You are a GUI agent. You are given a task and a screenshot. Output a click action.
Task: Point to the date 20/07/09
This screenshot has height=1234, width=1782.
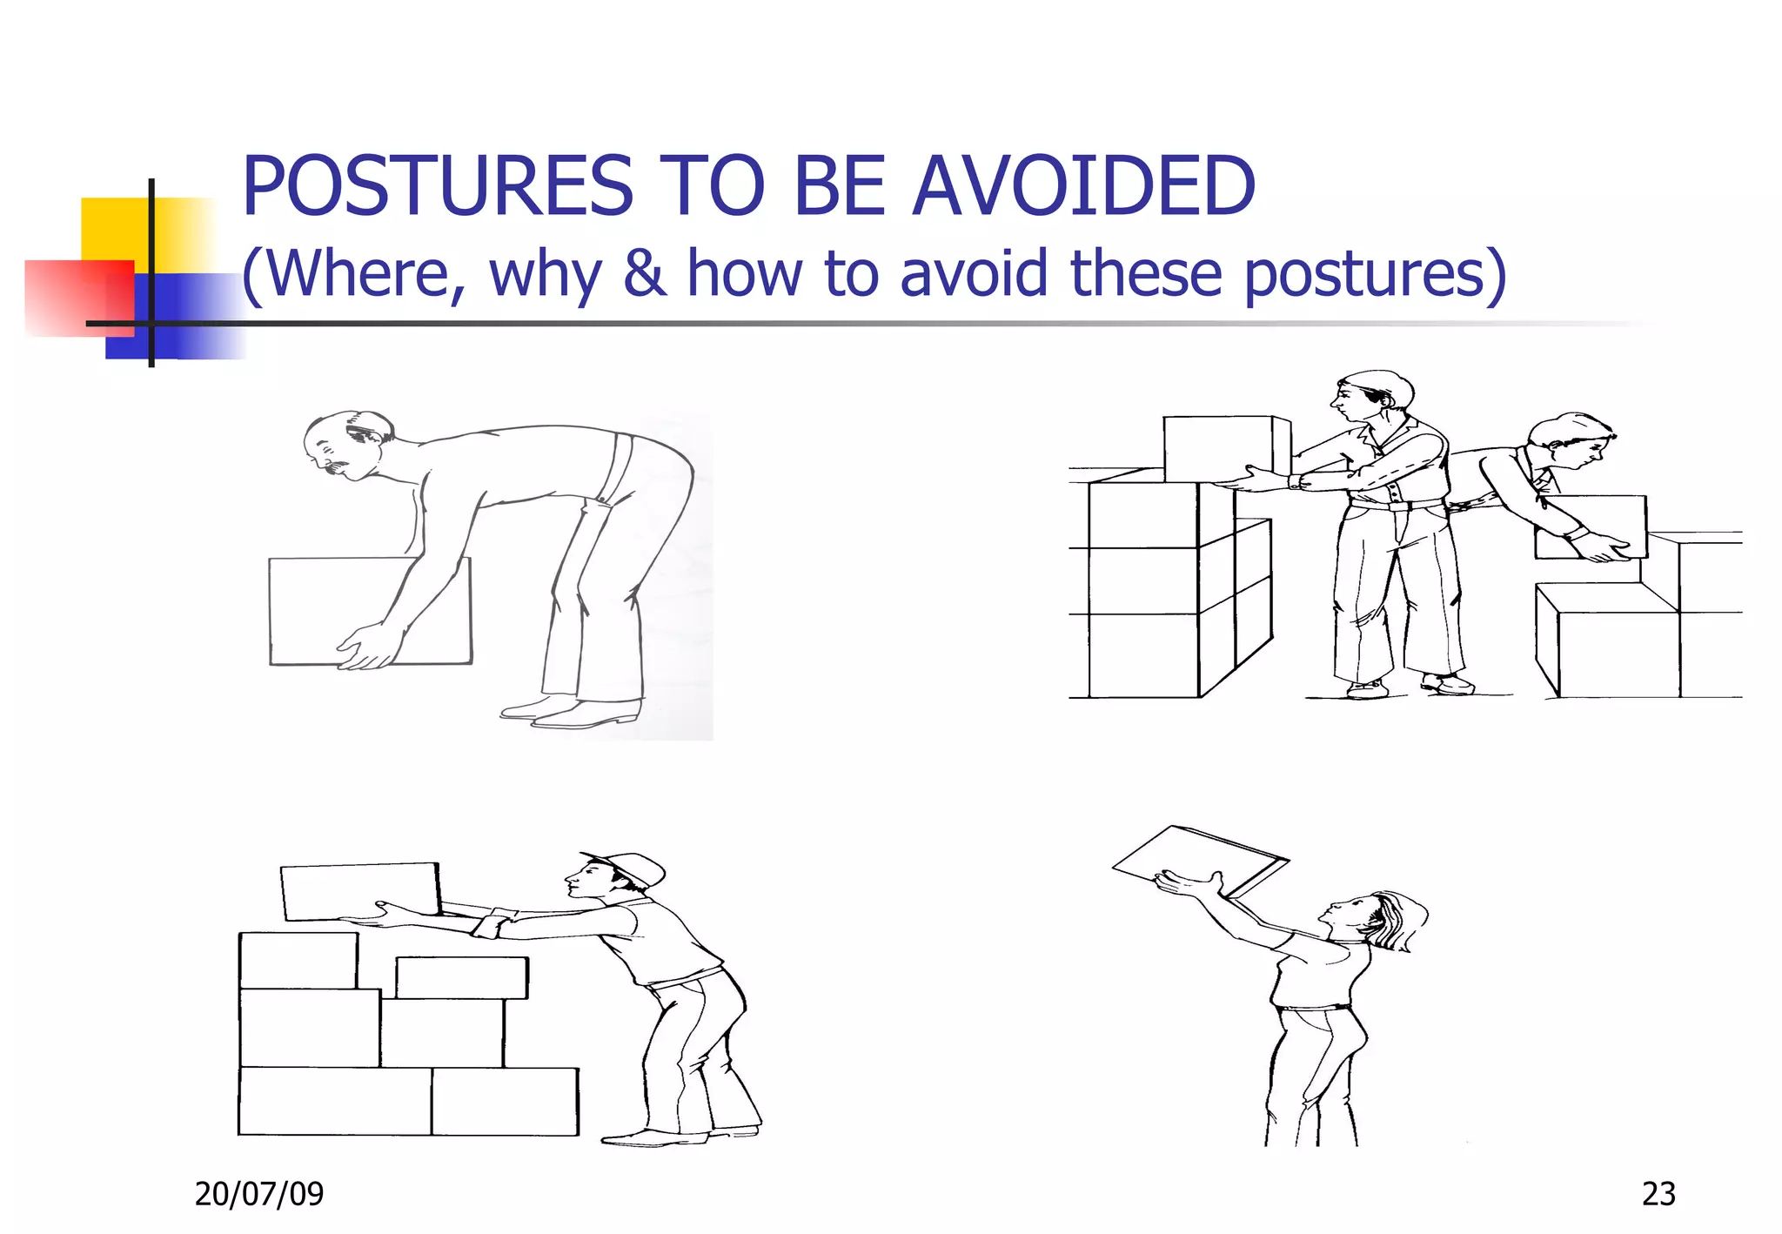[259, 1193]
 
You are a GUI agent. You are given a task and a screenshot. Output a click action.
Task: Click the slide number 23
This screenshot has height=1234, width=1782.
[1658, 1193]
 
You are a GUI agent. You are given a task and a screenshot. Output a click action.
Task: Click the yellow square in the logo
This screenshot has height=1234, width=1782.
[117, 228]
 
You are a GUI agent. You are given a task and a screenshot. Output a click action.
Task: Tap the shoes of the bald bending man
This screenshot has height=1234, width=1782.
[570, 712]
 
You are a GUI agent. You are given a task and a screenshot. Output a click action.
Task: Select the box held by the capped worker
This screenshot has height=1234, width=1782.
[359, 891]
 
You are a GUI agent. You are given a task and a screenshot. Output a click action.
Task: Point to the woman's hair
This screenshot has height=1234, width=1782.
[1397, 921]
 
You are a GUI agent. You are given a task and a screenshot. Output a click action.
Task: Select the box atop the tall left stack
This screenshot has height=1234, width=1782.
[1223, 447]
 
